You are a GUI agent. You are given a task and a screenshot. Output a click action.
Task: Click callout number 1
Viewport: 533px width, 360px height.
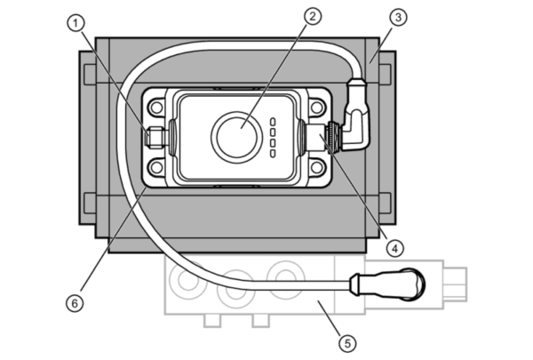tap(76, 23)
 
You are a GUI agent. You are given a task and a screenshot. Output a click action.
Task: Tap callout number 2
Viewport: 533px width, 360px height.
tap(313, 16)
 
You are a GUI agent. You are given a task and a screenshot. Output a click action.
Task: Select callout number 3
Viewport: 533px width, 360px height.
tap(398, 17)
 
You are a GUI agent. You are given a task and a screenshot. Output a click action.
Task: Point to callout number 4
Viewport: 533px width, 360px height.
tap(394, 249)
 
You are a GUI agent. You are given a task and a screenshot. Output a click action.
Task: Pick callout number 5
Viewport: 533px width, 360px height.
tap(347, 343)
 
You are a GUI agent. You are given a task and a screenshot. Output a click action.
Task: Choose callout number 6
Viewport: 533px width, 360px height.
tap(75, 303)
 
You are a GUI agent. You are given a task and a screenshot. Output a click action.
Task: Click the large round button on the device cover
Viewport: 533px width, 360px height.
tap(236, 137)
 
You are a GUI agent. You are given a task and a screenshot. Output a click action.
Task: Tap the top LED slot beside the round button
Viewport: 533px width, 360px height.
tap(273, 122)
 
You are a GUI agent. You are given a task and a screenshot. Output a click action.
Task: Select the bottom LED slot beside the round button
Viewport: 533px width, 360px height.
tap(273, 154)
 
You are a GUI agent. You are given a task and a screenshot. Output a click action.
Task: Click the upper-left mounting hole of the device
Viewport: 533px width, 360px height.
tap(156, 108)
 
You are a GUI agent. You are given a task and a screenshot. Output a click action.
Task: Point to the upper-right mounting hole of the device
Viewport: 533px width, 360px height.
tap(317, 108)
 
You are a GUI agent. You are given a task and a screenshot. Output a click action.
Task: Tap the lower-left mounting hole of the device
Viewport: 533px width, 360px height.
tap(156, 167)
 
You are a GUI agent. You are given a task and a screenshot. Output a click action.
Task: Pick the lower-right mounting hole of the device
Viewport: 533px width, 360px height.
tap(317, 167)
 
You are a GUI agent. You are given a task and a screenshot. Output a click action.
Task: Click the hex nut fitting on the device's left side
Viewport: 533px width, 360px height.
tap(155, 138)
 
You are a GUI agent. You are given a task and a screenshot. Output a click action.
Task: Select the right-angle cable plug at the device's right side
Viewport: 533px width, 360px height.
tap(354, 115)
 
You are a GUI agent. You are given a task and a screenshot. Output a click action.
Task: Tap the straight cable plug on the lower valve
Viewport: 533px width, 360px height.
tap(386, 284)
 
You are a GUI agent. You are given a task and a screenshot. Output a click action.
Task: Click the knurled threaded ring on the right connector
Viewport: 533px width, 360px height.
tap(330, 138)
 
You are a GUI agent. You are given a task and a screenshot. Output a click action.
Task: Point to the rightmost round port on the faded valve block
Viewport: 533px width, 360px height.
tap(285, 280)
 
